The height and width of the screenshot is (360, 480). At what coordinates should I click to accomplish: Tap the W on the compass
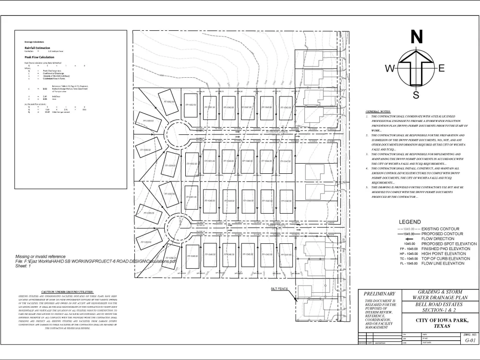[x=390, y=69]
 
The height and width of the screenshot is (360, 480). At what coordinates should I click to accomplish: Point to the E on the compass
[x=442, y=69]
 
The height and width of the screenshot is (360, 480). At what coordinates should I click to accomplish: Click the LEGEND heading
[x=409, y=222]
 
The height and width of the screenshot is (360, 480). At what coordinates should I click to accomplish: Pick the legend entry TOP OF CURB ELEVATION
[x=445, y=259]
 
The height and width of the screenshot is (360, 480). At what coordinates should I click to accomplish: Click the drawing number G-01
[x=470, y=341]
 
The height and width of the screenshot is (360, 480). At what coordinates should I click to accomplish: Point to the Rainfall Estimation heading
[x=38, y=48]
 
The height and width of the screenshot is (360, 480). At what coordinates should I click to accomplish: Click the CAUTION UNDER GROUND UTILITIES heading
[x=67, y=292]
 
